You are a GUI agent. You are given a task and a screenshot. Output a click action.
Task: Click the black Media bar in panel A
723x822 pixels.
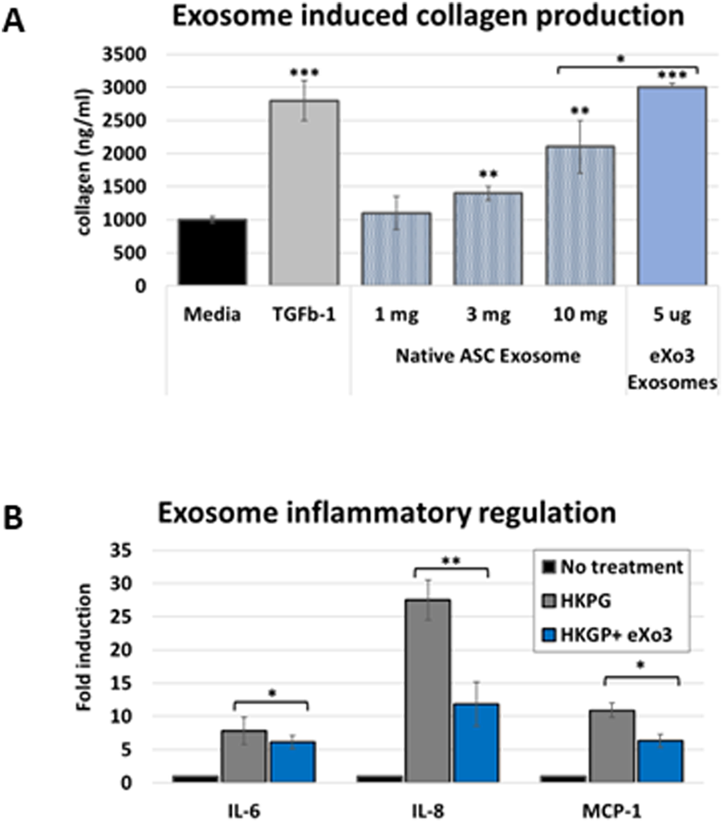point(212,252)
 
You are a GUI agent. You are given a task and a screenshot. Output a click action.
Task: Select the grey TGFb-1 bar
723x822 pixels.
point(303,193)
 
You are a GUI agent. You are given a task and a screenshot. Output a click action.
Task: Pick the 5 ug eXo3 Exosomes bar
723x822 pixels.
point(672,185)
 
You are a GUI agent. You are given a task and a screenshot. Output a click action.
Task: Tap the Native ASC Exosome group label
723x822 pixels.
point(487,356)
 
